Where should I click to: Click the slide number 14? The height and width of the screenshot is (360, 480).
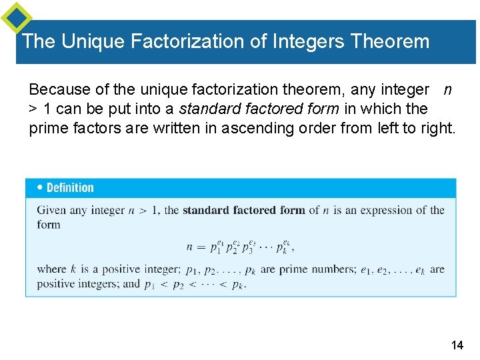click(x=457, y=345)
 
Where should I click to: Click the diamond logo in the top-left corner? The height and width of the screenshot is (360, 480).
click(x=16, y=17)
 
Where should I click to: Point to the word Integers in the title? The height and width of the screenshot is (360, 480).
click(x=307, y=41)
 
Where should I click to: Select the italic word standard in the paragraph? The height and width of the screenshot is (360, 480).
click(x=205, y=108)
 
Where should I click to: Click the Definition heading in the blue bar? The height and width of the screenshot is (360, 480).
click(x=70, y=188)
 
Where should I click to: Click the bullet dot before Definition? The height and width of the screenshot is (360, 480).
click(x=41, y=187)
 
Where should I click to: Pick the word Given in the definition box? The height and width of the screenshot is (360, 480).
click(x=51, y=211)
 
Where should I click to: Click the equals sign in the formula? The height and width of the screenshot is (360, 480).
click(x=199, y=246)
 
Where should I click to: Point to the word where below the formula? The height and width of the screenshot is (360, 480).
click(x=52, y=269)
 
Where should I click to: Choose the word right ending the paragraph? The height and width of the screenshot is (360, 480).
click(x=436, y=127)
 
